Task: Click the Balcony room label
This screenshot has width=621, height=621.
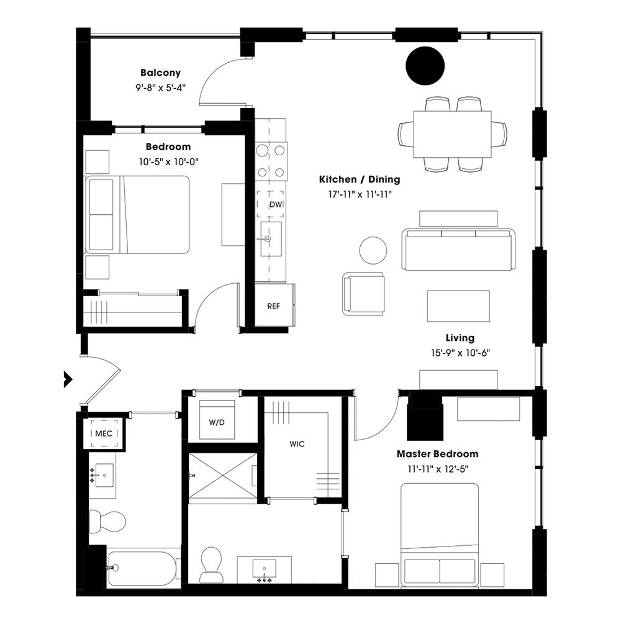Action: pos(160,73)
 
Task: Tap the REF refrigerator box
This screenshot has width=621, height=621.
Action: pos(273,306)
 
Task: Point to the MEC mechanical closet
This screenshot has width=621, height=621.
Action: pos(103,433)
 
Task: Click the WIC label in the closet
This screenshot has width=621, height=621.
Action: pos(296,445)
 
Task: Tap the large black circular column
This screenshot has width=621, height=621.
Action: pos(425,65)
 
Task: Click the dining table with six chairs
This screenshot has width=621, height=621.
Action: pos(452,134)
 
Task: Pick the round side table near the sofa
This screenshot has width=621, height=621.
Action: pos(373,250)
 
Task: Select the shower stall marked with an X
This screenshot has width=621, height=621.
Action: pos(222,475)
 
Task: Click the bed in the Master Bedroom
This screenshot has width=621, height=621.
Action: pos(440,534)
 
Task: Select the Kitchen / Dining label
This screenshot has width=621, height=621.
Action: pos(360,179)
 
